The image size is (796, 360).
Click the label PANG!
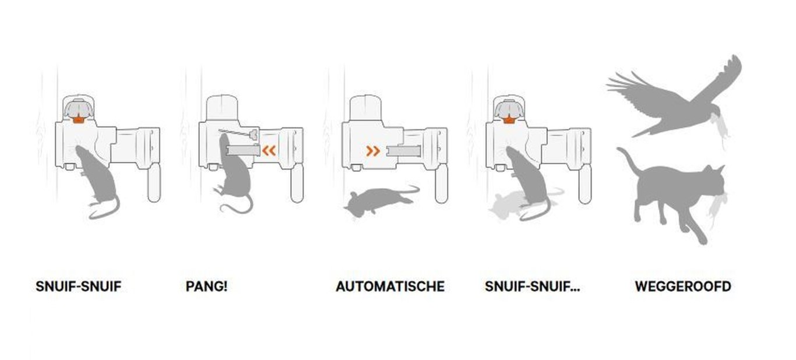(x=206, y=287)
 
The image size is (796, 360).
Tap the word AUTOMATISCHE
(x=390, y=287)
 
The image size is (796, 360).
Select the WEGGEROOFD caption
(x=682, y=287)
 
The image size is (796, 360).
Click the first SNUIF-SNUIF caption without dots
(x=78, y=287)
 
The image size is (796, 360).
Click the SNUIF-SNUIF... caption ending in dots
(x=532, y=287)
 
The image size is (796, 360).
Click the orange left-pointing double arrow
(x=269, y=151)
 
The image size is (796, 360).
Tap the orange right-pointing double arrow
(x=373, y=151)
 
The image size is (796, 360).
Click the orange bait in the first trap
(x=78, y=119)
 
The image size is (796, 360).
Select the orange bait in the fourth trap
(x=509, y=119)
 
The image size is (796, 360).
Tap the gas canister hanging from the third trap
(x=441, y=183)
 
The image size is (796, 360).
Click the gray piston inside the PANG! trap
(x=242, y=150)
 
